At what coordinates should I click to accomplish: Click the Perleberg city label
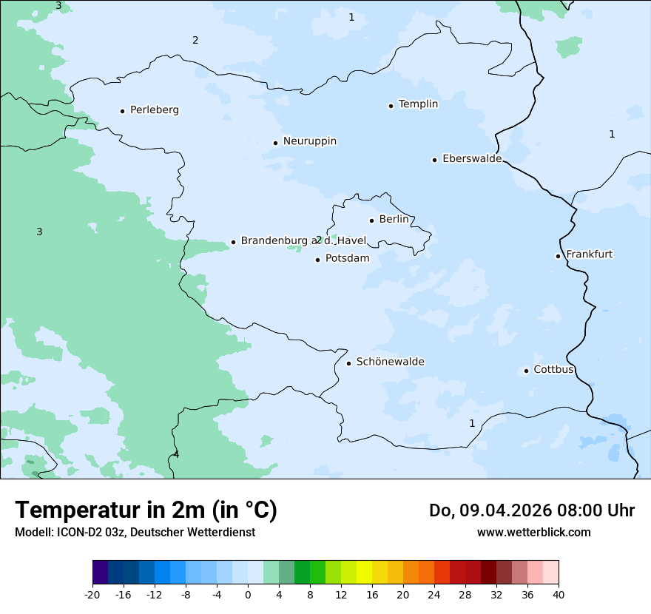tap(154, 110)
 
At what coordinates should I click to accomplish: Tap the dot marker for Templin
tap(391, 106)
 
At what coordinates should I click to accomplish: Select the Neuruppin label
tap(309, 141)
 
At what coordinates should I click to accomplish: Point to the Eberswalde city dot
tap(434, 160)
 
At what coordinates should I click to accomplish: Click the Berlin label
tap(394, 220)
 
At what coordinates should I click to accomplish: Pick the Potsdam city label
tap(347, 259)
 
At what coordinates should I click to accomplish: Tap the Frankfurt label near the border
tap(589, 254)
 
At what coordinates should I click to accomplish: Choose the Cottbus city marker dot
tap(526, 371)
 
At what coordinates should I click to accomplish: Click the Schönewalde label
tap(390, 362)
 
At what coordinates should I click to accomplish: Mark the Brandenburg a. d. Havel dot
tap(233, 242)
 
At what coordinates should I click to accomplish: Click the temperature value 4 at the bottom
tap(176, 454)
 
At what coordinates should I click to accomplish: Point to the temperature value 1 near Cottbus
tap(472, 423)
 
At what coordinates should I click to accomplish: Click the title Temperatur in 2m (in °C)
tap(146, 510)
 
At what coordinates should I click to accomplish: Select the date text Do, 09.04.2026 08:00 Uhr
tap(531, 510)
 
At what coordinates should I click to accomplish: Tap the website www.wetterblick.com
tap(533, 532)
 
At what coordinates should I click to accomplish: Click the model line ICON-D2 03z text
tap(135, 532)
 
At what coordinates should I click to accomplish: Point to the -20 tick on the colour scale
tap(92, 594)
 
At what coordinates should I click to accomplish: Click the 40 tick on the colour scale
tap(559, 594)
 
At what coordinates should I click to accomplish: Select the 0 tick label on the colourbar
tap(248, 594)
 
